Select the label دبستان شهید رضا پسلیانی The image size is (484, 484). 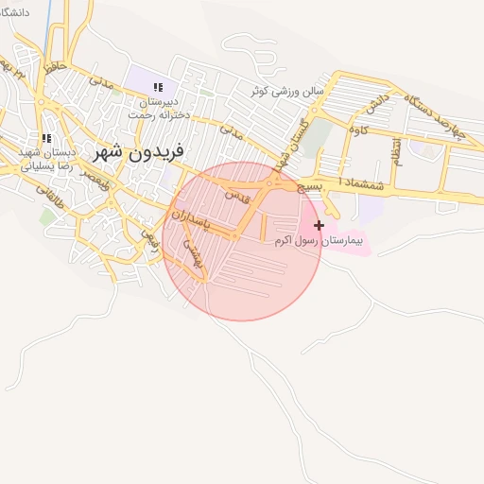pos(44,158)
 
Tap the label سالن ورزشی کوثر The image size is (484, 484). pos(288,91)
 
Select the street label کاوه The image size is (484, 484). pos(357,129)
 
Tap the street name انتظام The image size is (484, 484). pos(395,150)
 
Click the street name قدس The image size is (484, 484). pos(236,194)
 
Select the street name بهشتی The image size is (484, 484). pos(194,252)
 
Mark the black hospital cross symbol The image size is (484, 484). pos(319,225)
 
